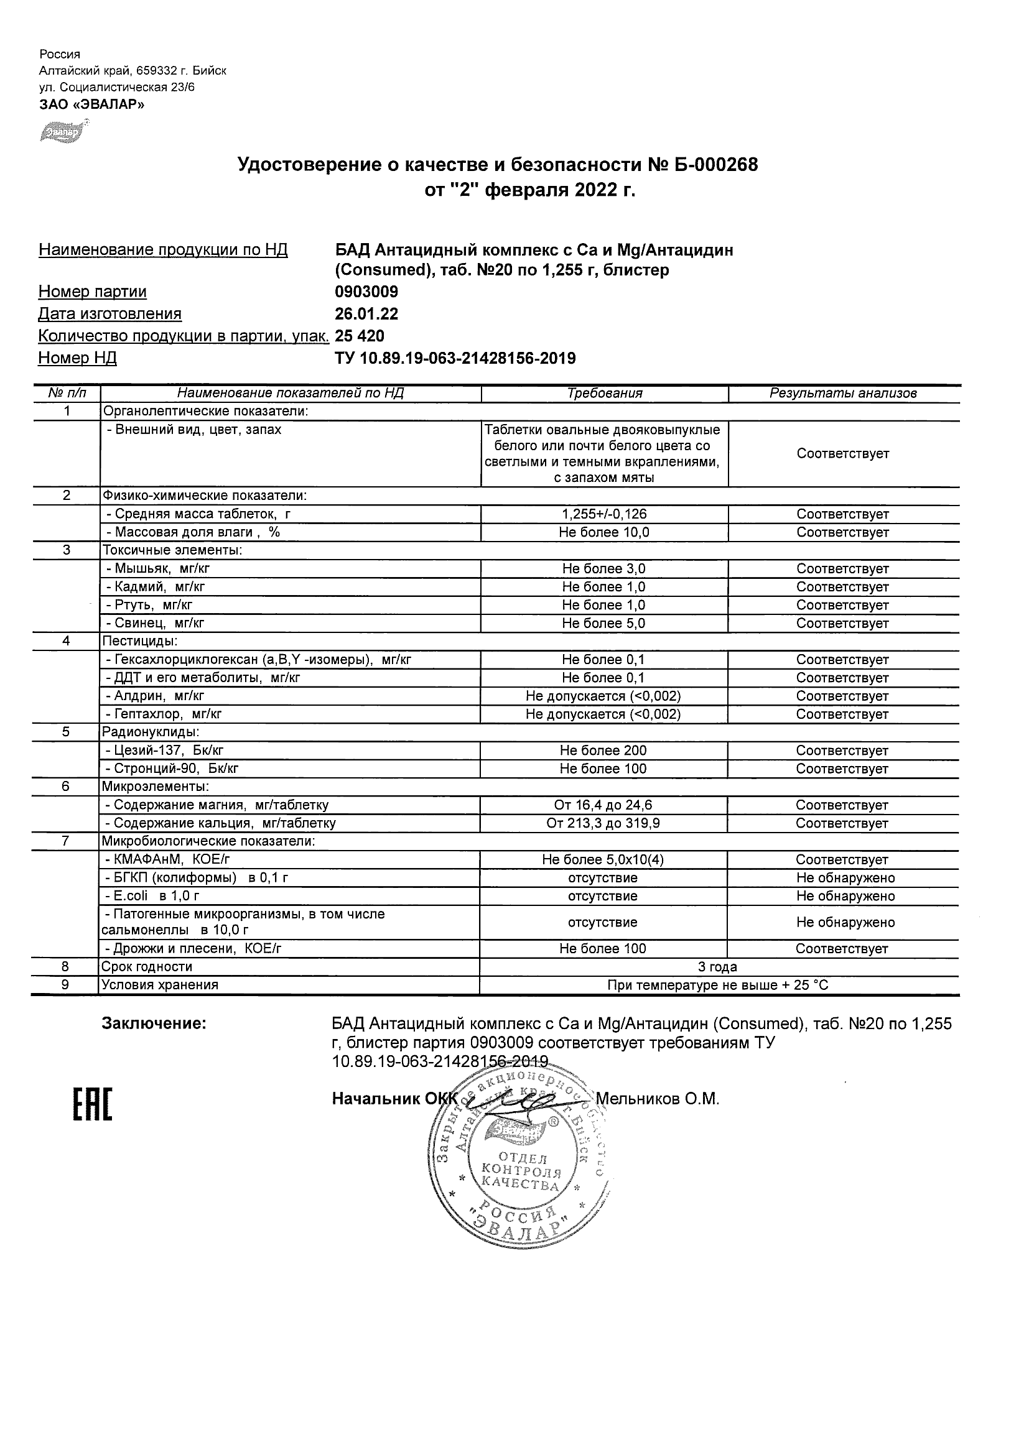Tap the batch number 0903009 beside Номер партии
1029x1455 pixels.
tap(366, 292)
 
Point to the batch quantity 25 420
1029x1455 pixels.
tap(360, 335)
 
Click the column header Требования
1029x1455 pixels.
tap(604, 393)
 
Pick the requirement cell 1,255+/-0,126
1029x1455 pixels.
tap(604, 514)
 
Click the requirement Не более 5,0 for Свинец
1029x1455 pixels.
tap(603, 623)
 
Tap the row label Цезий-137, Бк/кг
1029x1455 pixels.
tap(164, 751)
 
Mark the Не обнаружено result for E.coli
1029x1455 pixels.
tap(845, 896)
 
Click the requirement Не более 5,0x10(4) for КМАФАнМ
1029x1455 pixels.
tap(603, 859)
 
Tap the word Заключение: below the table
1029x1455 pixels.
tap(154, 1023)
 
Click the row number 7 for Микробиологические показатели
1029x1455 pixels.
tap(66, 841)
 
